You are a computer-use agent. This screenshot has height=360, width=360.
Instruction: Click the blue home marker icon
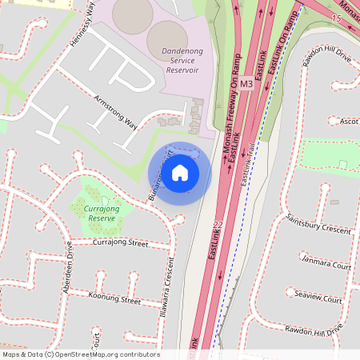click(180, 173)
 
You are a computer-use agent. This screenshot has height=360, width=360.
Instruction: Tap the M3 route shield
click(246, 84)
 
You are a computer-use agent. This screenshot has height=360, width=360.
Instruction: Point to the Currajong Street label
click(121, 242)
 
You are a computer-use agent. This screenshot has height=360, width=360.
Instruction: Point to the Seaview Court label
click(318, 298)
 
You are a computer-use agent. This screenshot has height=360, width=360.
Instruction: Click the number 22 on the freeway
click(218, 226)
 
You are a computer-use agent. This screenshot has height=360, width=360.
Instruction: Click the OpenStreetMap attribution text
click(80, 354)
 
